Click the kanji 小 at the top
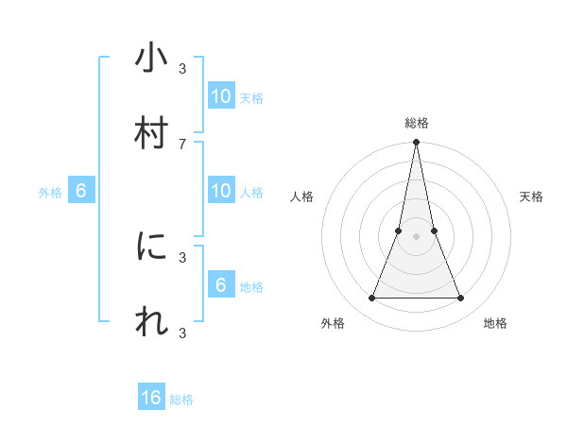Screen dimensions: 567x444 (151, 59)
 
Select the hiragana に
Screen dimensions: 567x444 (151, 247)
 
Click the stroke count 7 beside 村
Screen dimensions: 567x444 (182, 144)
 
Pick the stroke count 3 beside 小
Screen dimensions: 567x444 (182, 68)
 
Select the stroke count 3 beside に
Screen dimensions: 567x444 (182, 256)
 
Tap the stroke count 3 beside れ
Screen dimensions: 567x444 (182, 332)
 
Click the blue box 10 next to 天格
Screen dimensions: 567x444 (220, 96)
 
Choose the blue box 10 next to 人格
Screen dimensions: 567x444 (220, 191)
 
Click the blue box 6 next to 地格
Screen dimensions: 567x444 (220, 284)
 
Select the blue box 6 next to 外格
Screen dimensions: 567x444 (81, 191)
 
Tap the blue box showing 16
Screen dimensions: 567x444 (151, 398)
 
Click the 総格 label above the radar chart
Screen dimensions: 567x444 (417, 123)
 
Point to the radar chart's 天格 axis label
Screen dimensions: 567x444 (531, 196)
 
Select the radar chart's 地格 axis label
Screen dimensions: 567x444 (495, 323)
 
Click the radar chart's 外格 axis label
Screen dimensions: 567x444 (333, 323)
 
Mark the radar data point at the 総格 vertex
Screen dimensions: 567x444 (416, 143)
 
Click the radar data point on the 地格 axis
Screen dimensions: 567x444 (461, 299)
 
